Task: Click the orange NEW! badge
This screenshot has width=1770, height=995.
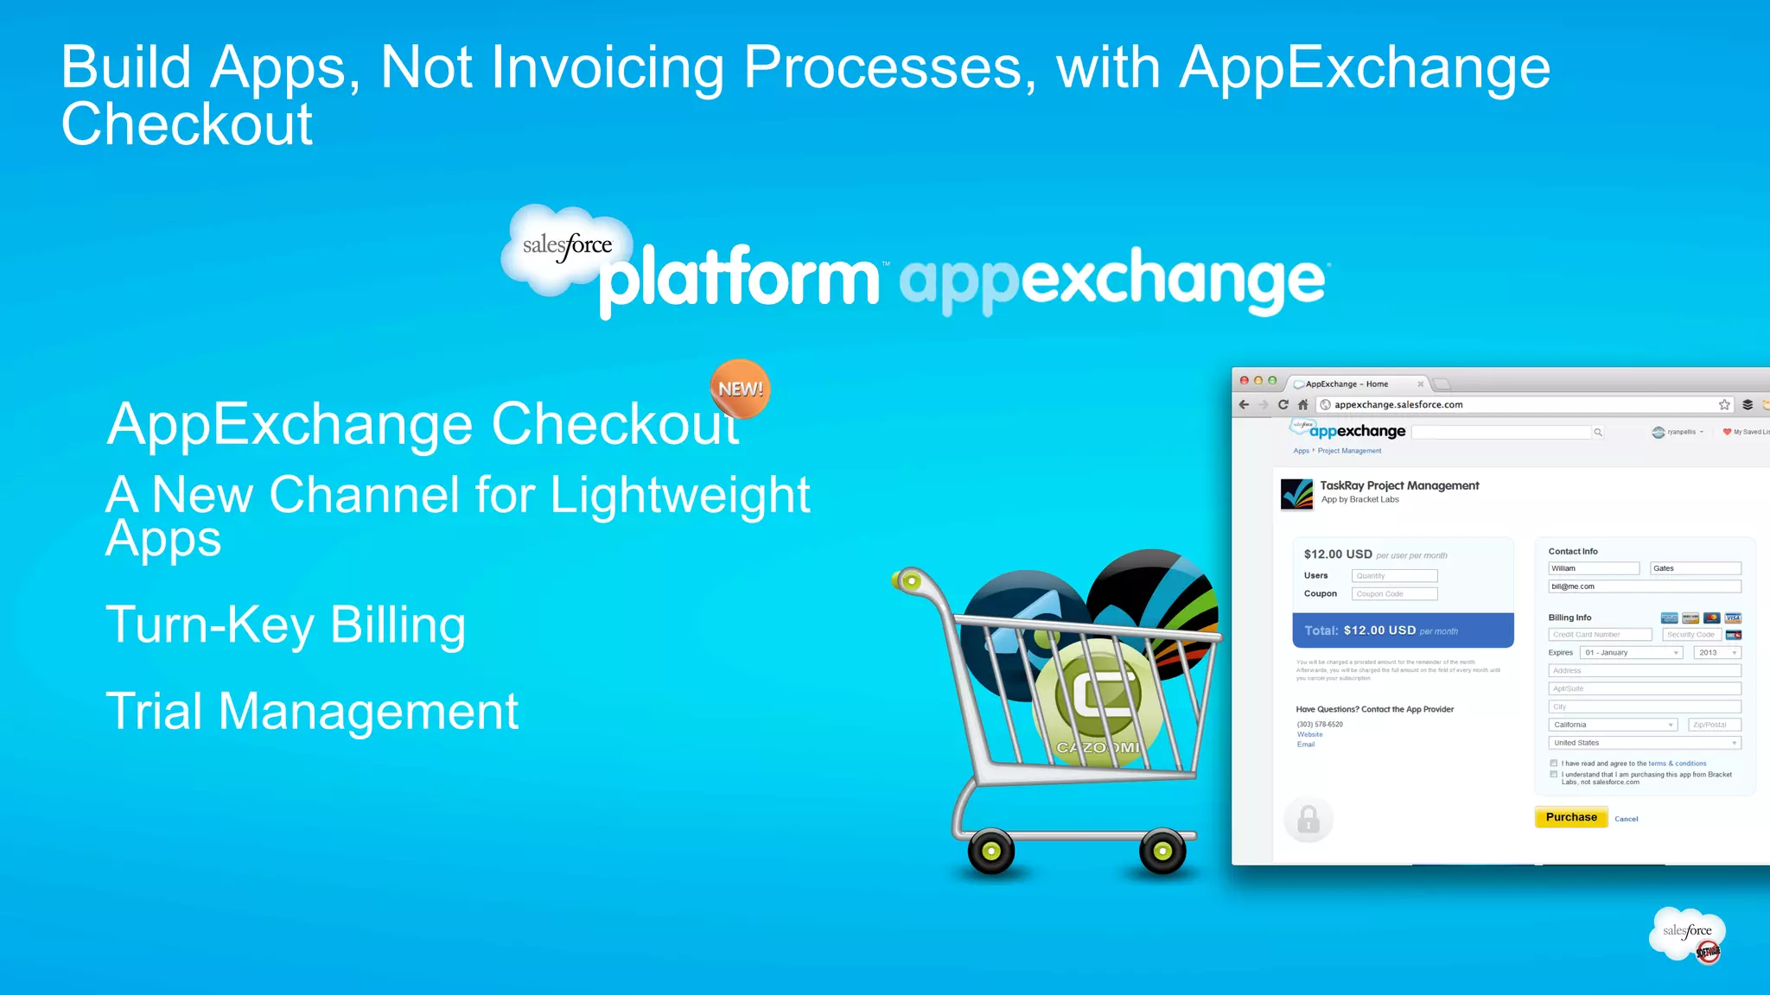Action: point(740,389)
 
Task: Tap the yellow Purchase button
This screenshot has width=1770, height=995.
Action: point(1570,817)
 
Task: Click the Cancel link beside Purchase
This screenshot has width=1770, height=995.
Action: point(1626,819)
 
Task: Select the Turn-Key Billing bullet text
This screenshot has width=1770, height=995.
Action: point(285,624)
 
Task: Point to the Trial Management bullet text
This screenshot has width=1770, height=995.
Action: point(311,712)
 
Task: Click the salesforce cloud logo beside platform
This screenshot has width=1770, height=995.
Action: point(566,247)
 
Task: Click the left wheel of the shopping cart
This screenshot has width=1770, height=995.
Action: point(990,852)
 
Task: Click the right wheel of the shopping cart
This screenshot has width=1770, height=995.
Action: point(1162,852)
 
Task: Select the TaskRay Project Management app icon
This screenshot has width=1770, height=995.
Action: point(1296,494)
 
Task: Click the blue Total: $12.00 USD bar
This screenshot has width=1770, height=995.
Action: point(1402,631)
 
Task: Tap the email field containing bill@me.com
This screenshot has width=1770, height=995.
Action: point(1644,586)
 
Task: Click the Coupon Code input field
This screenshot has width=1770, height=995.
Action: point(1394,594)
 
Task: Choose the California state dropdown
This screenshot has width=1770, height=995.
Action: point(1613,725)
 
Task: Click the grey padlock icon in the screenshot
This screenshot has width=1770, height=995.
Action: point(1308,819)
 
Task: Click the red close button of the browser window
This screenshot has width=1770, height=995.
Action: point(1244,381)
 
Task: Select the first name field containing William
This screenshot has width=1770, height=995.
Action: point(1593,568)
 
